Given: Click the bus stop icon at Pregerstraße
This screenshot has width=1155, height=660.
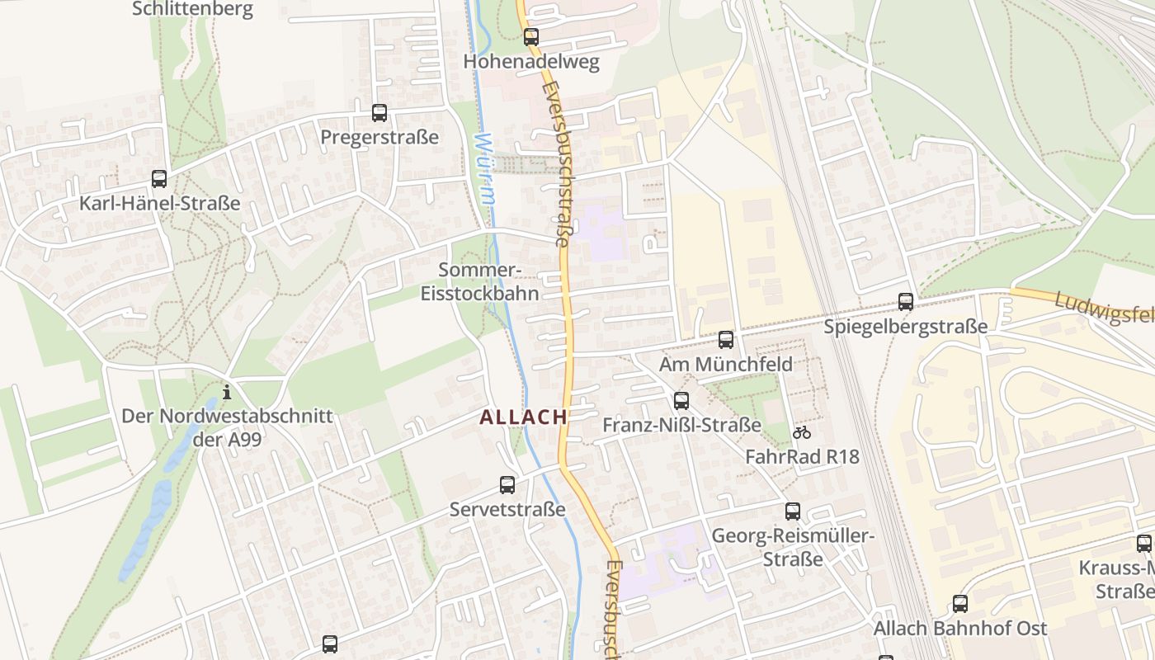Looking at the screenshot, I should pos(379,113).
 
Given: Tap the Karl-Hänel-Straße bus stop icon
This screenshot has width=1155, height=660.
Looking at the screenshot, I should pos(159,179).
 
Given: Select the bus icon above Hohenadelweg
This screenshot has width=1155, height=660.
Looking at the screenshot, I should pos(531,37).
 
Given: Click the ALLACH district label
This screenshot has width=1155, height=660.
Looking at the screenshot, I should pos(524,417).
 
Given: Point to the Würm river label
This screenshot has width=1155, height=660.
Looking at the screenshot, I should pos(486,169).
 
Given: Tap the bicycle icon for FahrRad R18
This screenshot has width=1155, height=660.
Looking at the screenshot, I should pos(802,432).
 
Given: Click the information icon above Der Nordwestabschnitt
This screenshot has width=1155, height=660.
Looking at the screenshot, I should pos(227,392).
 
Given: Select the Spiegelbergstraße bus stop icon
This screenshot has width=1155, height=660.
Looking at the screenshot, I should pos(906,302).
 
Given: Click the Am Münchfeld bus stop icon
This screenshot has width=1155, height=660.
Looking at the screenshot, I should pos(726,340).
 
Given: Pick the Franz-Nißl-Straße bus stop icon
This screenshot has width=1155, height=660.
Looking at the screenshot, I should pos(681,401).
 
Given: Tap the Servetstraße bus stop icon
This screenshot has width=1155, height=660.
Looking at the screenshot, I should pos(507,485).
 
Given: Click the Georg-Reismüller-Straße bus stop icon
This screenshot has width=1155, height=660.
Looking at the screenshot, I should pos(793,511).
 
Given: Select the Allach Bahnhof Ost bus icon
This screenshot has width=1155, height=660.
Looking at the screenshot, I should pos(960,604).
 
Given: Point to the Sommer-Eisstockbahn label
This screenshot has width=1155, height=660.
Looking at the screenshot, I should pos(480,281).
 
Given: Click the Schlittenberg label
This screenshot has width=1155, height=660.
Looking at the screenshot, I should pos(192,9).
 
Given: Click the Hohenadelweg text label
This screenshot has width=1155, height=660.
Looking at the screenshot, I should pos(531,62).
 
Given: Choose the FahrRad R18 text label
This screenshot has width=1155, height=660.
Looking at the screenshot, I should pos(802,456).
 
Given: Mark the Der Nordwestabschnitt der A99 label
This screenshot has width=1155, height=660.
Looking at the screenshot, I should pos(227,427).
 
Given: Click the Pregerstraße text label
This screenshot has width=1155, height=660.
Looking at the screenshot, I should pos(379,137).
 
